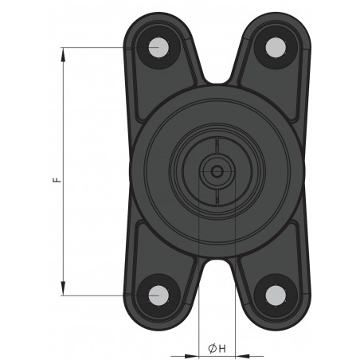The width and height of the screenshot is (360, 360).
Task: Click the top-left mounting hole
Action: [x=158, y=47]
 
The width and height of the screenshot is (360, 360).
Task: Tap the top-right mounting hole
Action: [x=275, y=47]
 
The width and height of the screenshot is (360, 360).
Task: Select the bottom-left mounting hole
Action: [x=158, y=295]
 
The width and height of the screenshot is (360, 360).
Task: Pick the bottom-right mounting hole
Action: [x=275, y=295]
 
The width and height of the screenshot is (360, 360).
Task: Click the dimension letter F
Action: [x=55, y=181]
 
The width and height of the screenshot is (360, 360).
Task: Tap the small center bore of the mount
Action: [x=216, y=170]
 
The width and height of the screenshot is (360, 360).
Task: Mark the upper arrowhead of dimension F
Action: [x=62, y=52]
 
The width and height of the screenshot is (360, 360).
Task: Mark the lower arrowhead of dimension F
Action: [x=62, y=291]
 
